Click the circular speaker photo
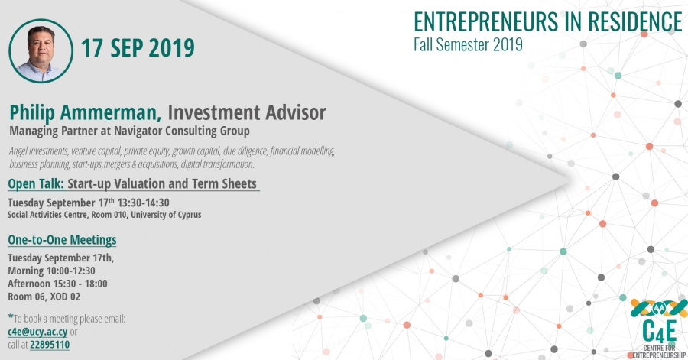pyautogui.click(x=41, y=51)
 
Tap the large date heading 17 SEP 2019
pyautogui.click(x=138, y=48)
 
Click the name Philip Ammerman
pyautogui.click(x=86, y=112)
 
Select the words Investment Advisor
pyautogui.click(x=247, y=112)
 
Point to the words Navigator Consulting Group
pyautogui.click(x=182, y=131)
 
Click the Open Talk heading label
pyautogui.click(x=36, y=183)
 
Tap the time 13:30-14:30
pyautogui.click(x=143, y=203)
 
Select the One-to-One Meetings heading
pyautogui.click(x=63, y=240)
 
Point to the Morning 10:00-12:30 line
pyautogui.click(x=51, y=271)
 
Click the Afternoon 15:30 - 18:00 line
pyautogui.click(x=57, y=284)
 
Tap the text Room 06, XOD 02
pyautogui.click(x=44, y=297)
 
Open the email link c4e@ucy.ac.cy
pyautogui.click(x=37, y=332)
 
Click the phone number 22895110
pyautogui.click(x=50, y=345)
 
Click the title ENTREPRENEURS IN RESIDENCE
pyautogui.click(x=548, y=21)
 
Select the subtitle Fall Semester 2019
pyautogui.click(x=468, y=44)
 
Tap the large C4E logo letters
pyautogui.click(x=659, y=332)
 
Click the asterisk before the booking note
pyautogui.click(x=11, y=316)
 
